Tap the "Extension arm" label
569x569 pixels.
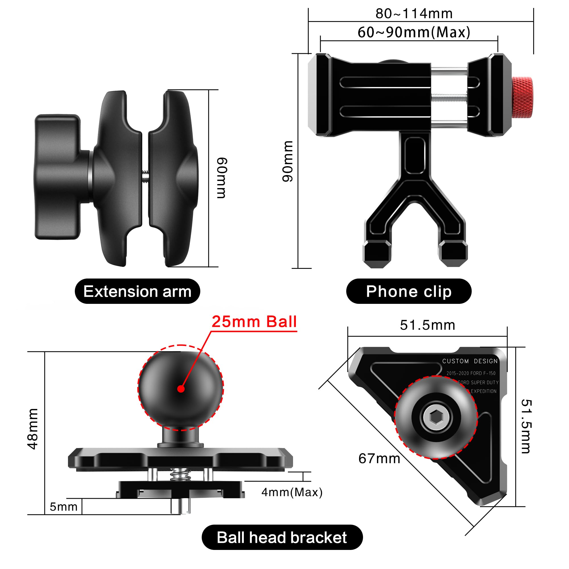point(137,292)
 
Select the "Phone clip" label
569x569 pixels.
point(409,292)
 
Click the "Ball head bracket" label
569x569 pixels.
point(282,537)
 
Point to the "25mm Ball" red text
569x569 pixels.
point(254,321)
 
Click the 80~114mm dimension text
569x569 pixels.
point(414,14)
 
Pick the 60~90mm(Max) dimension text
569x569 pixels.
point(414,32)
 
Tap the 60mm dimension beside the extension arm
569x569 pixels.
point(222,178)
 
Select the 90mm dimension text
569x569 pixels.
point(288,161)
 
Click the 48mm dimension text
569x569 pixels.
point(33,429)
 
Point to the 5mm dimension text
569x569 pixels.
point(63,507)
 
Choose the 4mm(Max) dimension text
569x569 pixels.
point(292,492)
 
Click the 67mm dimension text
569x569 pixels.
point(379,459)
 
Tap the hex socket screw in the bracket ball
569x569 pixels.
point(436,417)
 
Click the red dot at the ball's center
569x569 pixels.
point(181,389)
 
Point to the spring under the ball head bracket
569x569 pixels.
point(181,474)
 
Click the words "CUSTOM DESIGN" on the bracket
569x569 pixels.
point(470,361)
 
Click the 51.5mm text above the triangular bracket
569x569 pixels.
point(427,325)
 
